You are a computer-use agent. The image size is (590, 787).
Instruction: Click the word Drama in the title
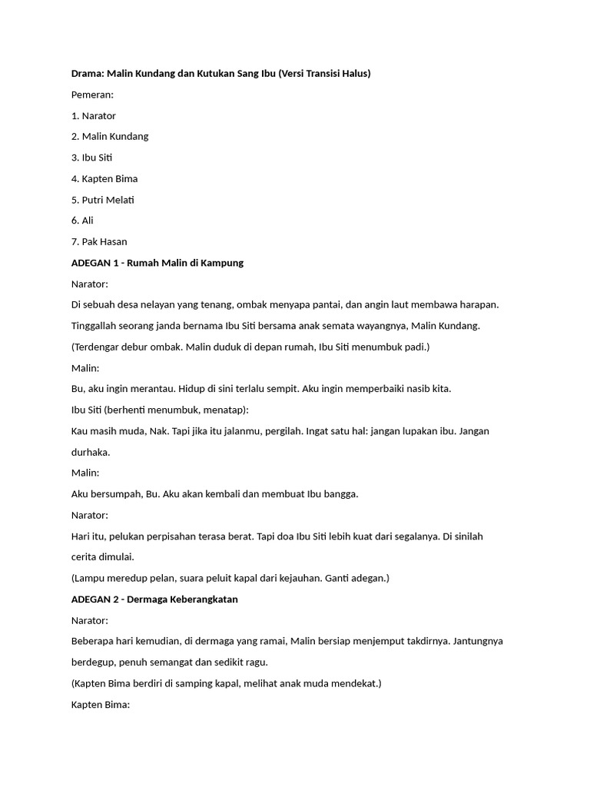tap(87, 73)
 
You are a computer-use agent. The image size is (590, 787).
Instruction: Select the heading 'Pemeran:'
tap(92, 95)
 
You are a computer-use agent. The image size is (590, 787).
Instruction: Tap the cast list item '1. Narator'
tap(93, 115)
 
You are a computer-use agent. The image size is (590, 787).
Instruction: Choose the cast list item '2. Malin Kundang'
tap(110, 136)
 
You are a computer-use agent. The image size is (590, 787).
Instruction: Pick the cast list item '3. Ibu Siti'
tap(92, 158)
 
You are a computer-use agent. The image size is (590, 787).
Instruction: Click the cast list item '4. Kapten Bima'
tap(104, 178)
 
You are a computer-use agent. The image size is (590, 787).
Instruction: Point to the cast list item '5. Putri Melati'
tap(102, 200)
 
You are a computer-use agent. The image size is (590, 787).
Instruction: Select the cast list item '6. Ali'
tap(82, 221)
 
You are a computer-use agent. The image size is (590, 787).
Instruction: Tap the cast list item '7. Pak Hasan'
tap(99, 241)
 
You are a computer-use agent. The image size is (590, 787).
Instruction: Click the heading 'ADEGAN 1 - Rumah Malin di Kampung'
tap(157, 263)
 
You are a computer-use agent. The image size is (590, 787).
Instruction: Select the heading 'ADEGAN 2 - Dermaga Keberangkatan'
tap(154, 599)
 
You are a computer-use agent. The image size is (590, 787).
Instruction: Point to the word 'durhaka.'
tap(91, 452)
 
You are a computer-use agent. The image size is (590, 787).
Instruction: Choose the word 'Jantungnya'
tap(476, 641)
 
